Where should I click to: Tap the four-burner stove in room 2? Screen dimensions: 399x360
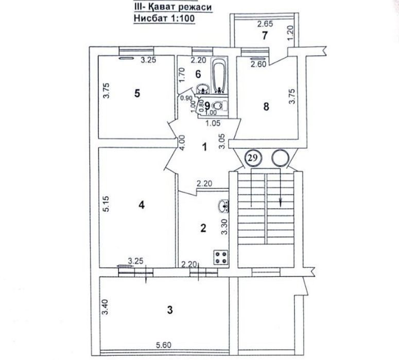point(220,258)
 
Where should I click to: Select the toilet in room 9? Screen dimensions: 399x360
point(219,106)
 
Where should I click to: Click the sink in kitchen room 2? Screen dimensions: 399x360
point(223,205)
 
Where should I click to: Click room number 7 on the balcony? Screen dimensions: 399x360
point(265,36)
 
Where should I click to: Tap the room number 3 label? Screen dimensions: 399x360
point(170,310)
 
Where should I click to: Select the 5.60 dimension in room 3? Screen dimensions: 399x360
point(164,345)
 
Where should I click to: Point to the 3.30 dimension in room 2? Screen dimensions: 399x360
point(224,227)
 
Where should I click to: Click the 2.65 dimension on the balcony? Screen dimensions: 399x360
point(265,24)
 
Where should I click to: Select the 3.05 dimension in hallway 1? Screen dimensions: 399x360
point(222,141)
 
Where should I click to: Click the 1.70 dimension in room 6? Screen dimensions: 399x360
point(182,75)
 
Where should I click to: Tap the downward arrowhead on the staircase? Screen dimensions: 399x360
point(281,202)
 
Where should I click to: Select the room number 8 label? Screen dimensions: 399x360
point(266,107)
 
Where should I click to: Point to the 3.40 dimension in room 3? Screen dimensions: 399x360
point(106,306)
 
